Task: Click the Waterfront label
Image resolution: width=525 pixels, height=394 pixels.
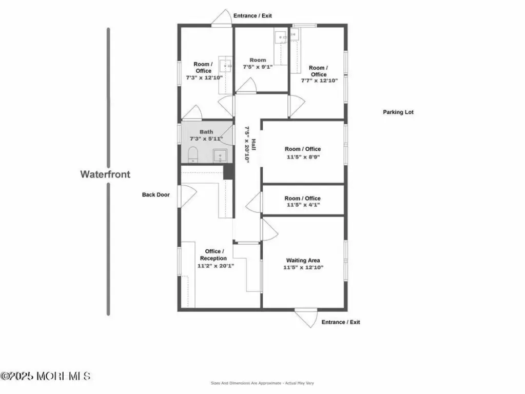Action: tap(105, 174)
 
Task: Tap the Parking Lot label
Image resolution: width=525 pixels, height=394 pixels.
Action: tap(398, 112)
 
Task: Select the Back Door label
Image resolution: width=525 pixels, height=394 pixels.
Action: tap(155, 194)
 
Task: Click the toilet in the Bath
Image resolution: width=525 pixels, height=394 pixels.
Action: tap(193, 154)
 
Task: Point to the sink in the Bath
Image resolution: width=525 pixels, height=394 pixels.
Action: tap(220, 156)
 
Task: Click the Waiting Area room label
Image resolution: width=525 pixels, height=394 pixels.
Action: tap(303, 260)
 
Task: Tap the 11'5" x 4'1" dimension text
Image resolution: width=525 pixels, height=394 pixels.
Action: tap(303, 205)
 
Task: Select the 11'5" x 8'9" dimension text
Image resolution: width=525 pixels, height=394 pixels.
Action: tap(303, 156)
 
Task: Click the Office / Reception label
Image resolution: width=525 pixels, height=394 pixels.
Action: tap(213, 254)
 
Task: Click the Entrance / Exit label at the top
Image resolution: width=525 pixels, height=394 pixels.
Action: tap(252, 16)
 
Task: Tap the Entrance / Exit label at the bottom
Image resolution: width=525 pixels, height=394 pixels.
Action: tap(341, 322)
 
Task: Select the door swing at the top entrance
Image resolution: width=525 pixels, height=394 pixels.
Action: tap(222, 17)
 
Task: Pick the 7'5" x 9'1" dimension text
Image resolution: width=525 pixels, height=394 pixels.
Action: tap(258, 67)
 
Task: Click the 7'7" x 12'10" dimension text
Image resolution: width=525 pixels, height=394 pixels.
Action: tap(319, 81)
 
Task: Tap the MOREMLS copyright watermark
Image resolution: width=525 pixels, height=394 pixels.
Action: tap(46, 376)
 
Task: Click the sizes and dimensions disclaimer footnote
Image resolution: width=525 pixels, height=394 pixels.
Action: tap(262, 383)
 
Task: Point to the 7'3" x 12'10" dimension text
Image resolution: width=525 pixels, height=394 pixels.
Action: tap(204, 77)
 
